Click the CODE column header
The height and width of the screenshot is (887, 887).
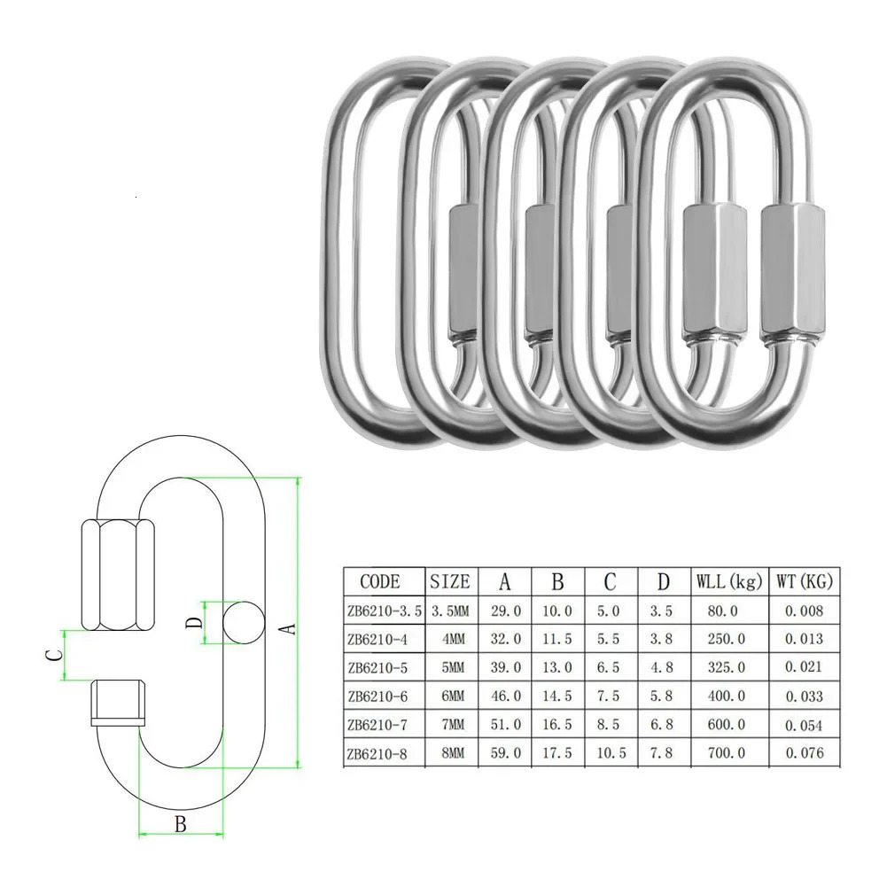coord(379,581)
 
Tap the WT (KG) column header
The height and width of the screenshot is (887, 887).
coord(804,581)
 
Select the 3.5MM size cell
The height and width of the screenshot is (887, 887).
coord(450,611)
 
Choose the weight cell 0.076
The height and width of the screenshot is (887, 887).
coord(805,753)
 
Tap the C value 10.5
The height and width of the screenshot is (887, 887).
coord(610,753)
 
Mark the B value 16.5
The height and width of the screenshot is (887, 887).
coord(557,725)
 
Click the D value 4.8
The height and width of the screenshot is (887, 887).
coord(662,667)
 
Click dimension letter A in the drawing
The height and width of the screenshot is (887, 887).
coord(286,628)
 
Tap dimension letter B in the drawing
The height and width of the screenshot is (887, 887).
coord(180,824)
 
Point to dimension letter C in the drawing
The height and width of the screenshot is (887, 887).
coord(54,655)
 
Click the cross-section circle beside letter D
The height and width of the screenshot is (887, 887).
coord(243,619)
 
